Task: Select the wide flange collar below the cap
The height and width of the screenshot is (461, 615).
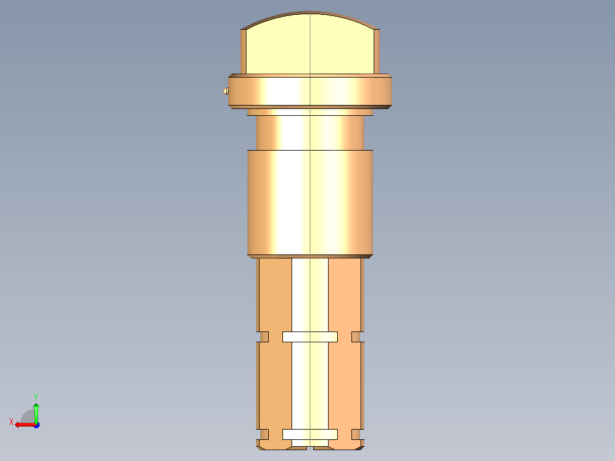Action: click(x=310, y=91)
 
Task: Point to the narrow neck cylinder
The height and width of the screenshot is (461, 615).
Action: click(x=310, y=132)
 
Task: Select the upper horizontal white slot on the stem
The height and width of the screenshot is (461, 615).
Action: click(x=310, y=337)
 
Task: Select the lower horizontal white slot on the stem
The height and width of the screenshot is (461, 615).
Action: click(x=310, y=435)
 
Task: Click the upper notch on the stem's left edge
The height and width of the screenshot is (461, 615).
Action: click(x=264, y=337)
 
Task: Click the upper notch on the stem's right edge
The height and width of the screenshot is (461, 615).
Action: click(x=356, y=337)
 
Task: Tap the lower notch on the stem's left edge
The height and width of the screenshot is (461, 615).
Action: click(x=264, y=435)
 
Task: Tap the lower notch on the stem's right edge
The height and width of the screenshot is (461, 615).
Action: click(x=356, y=435)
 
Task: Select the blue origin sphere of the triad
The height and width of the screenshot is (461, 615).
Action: click(x=36, y=424)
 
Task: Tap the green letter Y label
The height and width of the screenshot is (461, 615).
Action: click(x=36, y=396)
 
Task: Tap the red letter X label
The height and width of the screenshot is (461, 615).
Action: click(x=11, y=422)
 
